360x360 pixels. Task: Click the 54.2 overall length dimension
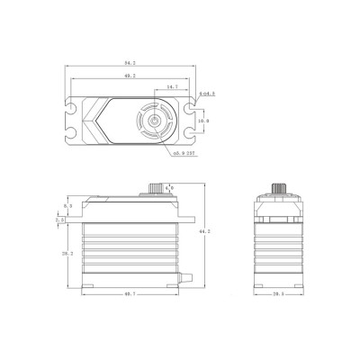[x=130, y=65]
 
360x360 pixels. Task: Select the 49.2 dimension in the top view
[x=130, y=78]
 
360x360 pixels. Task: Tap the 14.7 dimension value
[x=171, y=88]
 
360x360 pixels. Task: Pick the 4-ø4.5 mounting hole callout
[x=206, y=93]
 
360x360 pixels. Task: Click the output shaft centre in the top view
[x=157, y=121]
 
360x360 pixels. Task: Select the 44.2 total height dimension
[x=207, y=231]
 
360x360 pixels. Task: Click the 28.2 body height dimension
[x=66, y=255]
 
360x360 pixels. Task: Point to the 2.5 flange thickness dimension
[x=59, y=219]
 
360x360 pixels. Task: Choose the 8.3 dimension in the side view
[x=66, y=206]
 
